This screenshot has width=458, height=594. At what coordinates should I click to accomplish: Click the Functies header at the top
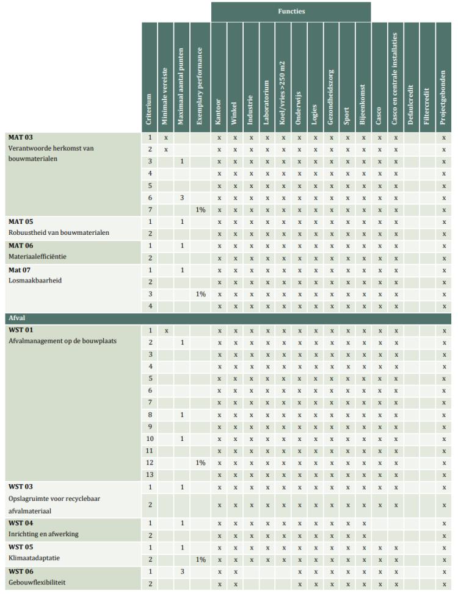click(x=291, y=11)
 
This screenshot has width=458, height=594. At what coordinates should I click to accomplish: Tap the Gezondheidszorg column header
click(x=331, y=91)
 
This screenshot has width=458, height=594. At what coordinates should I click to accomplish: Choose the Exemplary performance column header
click(x=199, y=85)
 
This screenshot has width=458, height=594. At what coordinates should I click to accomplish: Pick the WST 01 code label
click(x=21, y=331)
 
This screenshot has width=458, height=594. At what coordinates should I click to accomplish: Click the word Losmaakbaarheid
click(x=35, y=281)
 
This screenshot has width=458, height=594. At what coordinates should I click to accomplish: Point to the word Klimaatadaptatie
click(x=34, y=558)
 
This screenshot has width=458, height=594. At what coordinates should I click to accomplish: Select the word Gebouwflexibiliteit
click(x=37, y=582)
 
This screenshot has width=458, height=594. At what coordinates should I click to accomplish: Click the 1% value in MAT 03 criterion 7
click(x=200, y=210)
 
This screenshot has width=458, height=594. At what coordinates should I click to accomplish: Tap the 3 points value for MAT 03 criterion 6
click(x=182, y=198)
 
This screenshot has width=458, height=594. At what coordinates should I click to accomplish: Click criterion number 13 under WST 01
click(x=150, y=474)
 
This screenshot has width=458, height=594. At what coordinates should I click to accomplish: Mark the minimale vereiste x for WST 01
click(x=165, y=331)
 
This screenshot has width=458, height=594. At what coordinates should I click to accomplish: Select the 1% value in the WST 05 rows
click(x=200, y=559)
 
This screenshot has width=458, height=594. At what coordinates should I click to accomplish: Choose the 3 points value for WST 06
click(x=182, y=571)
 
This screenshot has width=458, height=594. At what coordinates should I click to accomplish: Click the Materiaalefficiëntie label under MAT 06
click(x=37, y=257)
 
